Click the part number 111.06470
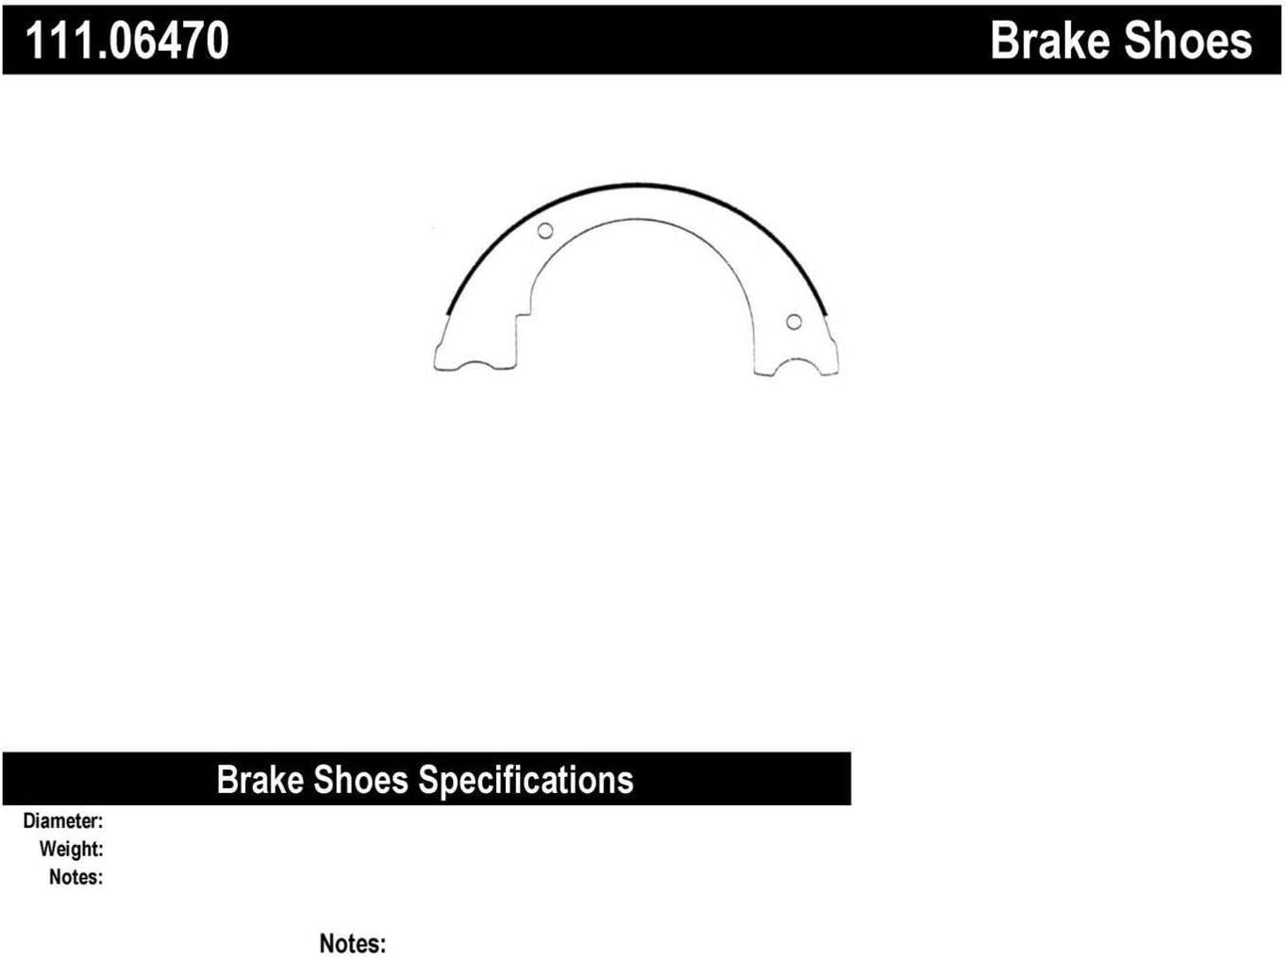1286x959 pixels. pos(126,41)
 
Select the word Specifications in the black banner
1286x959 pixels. pos(526,781)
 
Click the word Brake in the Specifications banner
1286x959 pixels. pos(259,781)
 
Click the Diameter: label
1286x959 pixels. pos(63,821)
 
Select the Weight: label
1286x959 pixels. pos(71,849)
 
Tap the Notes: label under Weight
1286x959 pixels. pos(75,877)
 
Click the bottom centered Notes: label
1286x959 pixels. pos(352,943)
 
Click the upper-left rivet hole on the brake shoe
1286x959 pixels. pos(544,231)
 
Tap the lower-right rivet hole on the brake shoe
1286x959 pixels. pos(793,322)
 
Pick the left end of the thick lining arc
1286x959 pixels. pos(447,313)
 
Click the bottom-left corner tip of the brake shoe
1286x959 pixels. pos(436,367)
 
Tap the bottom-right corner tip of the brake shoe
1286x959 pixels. pos(836,372)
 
